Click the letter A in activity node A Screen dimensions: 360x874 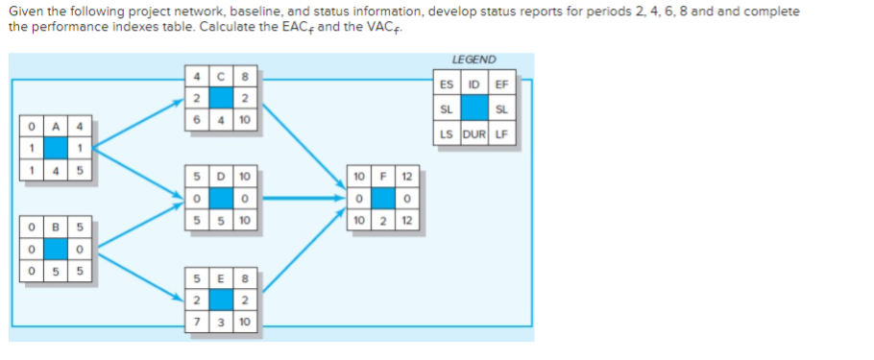55,125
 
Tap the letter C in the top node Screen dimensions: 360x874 222,75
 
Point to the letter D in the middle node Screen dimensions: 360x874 222,177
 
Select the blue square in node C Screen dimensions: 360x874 222,97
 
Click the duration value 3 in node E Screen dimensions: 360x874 222,321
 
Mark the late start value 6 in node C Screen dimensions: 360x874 197,119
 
